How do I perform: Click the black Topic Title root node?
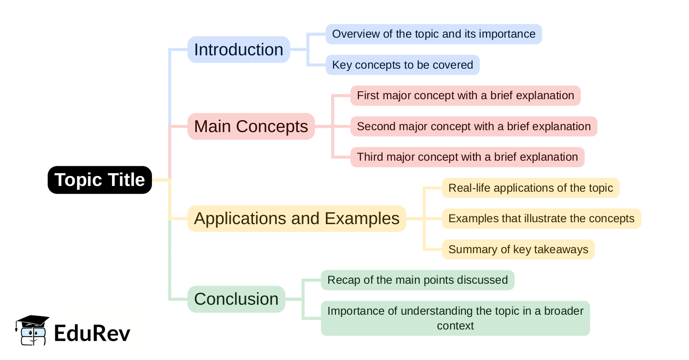[x=100, y=180]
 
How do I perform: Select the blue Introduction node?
[x=238, y=50]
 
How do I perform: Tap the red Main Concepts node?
[x=251, y=126]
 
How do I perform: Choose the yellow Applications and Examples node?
[x=296, y=218]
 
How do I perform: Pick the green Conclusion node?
[x=236, y=299]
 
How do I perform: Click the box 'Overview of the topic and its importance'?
[x=434, y=34]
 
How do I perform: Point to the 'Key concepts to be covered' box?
[x=403, y=65]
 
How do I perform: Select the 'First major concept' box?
[x=466, y=95]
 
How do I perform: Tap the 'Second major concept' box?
[x=474, y=126]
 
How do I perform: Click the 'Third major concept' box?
[x=467, y=157]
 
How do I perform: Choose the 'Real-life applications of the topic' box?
[x=531, y=188]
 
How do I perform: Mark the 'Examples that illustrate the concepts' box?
[x=541, y=218]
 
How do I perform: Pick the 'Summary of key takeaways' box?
[x=518, y=249]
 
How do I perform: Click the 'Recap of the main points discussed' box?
[x=417, y=280]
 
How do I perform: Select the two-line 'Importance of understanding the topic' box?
[x=456, y=318]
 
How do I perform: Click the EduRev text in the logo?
[x=92, y=333]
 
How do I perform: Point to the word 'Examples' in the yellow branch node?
[x=362, y=218]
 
